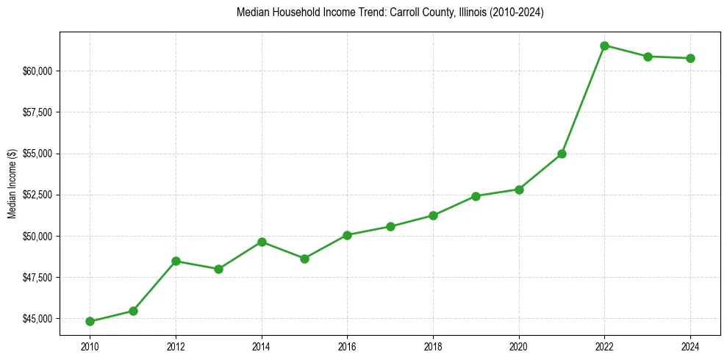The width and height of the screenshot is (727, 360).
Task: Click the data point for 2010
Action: pyautogui.click(x=90, y=321)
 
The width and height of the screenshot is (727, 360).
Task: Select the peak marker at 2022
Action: pyautogui.click(x=604, y=46)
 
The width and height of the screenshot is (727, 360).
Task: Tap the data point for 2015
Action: pyautogui.click(x=304, y=259)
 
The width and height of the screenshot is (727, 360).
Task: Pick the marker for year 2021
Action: pyautogui.click(x=562, y=154)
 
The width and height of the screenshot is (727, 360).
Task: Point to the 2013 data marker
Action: pyautogui.click(x=218, y=269)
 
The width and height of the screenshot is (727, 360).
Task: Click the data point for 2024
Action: pyautogui.click(x=690, y=58)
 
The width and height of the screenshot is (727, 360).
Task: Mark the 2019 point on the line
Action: pyautogui.click(x=476, y=196)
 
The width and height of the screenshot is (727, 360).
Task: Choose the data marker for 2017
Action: pyautogui.click(x=390, y=226)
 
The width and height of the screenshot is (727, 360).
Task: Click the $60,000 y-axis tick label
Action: pyautogui.click(x=37, y=71)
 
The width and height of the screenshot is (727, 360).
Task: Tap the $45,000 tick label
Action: pyautogui.click(x=37, y=319)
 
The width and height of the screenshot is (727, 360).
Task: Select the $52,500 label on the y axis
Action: pyautogui.click(x=37, y=195)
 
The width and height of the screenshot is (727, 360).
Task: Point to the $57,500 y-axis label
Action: pyautogui.click(x=37, y=112)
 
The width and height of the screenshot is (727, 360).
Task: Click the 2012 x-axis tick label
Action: pyautogui.click(x=176, y=347)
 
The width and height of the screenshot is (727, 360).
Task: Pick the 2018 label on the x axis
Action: pyautogui.click(x=433, y=347)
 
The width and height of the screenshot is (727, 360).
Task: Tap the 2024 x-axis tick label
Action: pyautogui.click(x=690, y=347)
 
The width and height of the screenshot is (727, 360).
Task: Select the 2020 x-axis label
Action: pyautogui.click(x=519, y=347)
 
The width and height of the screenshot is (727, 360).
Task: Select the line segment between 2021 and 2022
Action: pyautogui.click(x=583, y=99)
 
